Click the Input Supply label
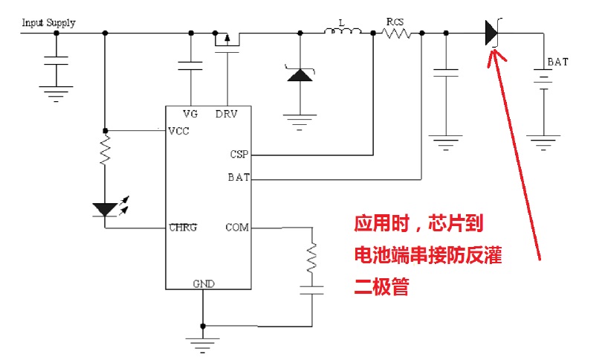pyautogui.click(x=48, y=22)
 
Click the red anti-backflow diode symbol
pyautogui.click(x=491, y=32)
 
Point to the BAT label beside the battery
pyautogui.click(x=557, y=62)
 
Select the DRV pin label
pyautogui.click(x=226, y=114)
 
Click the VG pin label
pyautogui.click(x=191, y=114)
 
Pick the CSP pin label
pyautogui.click(x=239, y=155)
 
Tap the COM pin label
pyautogui.click(x=237, y=227)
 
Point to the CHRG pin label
pyautogui.click(x=183, y=227)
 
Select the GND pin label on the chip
pyautogui.click(x=203, y=283)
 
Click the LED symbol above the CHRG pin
pyautogui.click(x=106, y=209)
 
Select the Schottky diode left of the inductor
pyautogui.click(x=300, y=74)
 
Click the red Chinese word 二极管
pyautogui.click(x=381, y=287)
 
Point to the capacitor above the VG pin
pyautogui.click(x=191, y=65)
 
